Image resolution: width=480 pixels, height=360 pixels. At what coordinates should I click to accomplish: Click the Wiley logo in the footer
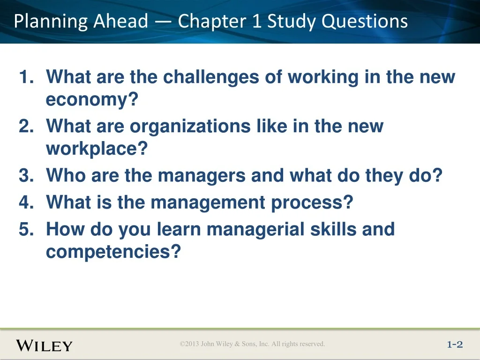coord(45,345)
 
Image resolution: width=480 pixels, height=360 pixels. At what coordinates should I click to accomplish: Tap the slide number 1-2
coord(455,345)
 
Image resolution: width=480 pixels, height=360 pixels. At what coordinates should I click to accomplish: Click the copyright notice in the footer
coord(252,344)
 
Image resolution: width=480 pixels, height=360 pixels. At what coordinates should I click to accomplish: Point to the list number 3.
coord(26,175)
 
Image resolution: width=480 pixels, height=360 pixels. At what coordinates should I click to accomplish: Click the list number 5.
coord(26,229)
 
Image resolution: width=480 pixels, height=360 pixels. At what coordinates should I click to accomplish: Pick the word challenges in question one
coord(211,77)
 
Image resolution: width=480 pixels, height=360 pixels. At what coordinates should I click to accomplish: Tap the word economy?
coord(92,100)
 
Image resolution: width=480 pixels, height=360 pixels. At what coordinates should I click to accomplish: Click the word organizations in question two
coord(190,127)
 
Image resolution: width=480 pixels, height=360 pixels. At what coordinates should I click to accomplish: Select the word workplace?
coord(97,149)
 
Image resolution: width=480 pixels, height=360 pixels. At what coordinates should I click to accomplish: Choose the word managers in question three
coord(202,176)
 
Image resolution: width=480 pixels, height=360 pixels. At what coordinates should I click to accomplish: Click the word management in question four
coord(208,203)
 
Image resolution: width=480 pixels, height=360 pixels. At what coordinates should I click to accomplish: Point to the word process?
coord(312,203)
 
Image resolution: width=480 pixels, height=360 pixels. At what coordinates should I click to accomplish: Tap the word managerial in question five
coord(255,230)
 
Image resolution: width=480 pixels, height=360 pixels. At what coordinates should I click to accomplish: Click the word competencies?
coord(113,252)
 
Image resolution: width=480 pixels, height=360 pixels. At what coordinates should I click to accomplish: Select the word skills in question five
coord(333,229)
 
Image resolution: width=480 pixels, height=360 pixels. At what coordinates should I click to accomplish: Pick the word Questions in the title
coord(365,22)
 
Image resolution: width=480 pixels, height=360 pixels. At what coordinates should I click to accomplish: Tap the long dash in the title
coord(164,22)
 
